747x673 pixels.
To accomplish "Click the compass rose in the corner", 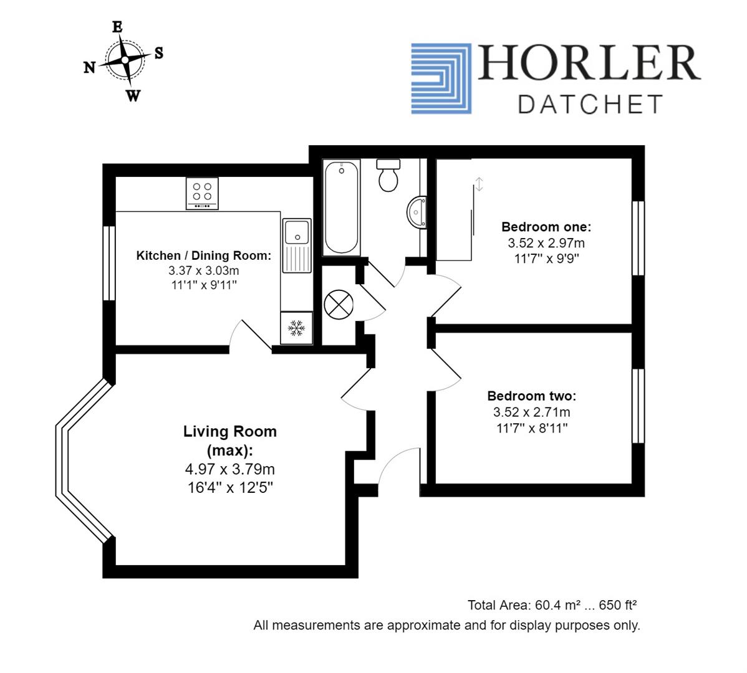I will (x=125, y=60).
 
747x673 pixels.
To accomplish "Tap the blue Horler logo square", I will (x=441, y=79).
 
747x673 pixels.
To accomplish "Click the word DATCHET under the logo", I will (x=589, y=104).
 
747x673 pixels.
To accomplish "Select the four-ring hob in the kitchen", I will (x=202, y=193).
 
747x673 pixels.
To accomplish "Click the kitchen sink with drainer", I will (x=296, y=245).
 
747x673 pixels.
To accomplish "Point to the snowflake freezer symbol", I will (x=296, y=328).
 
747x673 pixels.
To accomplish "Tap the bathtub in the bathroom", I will (x=341, y=207).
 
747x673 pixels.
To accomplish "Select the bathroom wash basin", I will (x=417, y=212).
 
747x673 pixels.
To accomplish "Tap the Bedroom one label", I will (x=546, y=227).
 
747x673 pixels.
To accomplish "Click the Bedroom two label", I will (x=531, y=396).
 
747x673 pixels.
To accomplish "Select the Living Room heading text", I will (x=229, y=431).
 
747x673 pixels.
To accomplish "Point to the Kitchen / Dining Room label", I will (x=204, y=255).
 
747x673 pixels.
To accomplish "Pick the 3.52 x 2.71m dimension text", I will (x=531, y=412).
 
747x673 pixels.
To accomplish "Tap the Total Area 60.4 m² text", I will (x=551, y=605).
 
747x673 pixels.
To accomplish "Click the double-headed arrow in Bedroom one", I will (x=479, y=184).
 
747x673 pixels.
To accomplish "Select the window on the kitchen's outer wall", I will (x=109, y=263).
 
